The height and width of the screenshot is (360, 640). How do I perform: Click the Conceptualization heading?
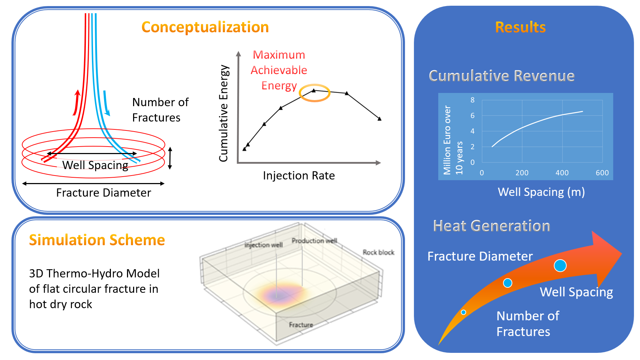point(205,27)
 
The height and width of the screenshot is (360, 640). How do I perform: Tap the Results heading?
point(520,27)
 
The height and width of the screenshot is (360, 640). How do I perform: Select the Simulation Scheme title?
point(97,240)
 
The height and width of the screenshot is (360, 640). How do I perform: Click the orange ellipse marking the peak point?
point(314,93)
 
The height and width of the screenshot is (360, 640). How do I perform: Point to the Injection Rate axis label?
point(299,176)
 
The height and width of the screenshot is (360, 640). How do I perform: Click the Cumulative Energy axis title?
point(224,113)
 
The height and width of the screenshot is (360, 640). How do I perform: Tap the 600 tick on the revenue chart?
point(602,173)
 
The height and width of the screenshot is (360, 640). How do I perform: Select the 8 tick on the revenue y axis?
point(473,100)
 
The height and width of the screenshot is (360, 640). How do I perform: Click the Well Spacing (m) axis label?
point(541,192)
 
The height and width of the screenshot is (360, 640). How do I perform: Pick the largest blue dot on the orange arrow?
point(560,266)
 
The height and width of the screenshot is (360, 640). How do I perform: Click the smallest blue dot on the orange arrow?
point(463,312)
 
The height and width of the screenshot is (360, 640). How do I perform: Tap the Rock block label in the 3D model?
point(378,252)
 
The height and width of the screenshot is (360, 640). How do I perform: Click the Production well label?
point(314,241)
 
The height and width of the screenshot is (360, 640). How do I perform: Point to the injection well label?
point(264,245)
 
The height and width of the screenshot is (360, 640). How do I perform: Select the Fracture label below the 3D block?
point(301,325)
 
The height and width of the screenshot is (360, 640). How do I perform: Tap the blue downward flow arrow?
point(106,103)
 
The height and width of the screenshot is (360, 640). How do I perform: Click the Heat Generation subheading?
point(491,226)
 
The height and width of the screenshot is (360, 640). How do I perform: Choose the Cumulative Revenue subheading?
point(502,76)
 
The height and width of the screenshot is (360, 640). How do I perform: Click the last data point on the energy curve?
point(380,119)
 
